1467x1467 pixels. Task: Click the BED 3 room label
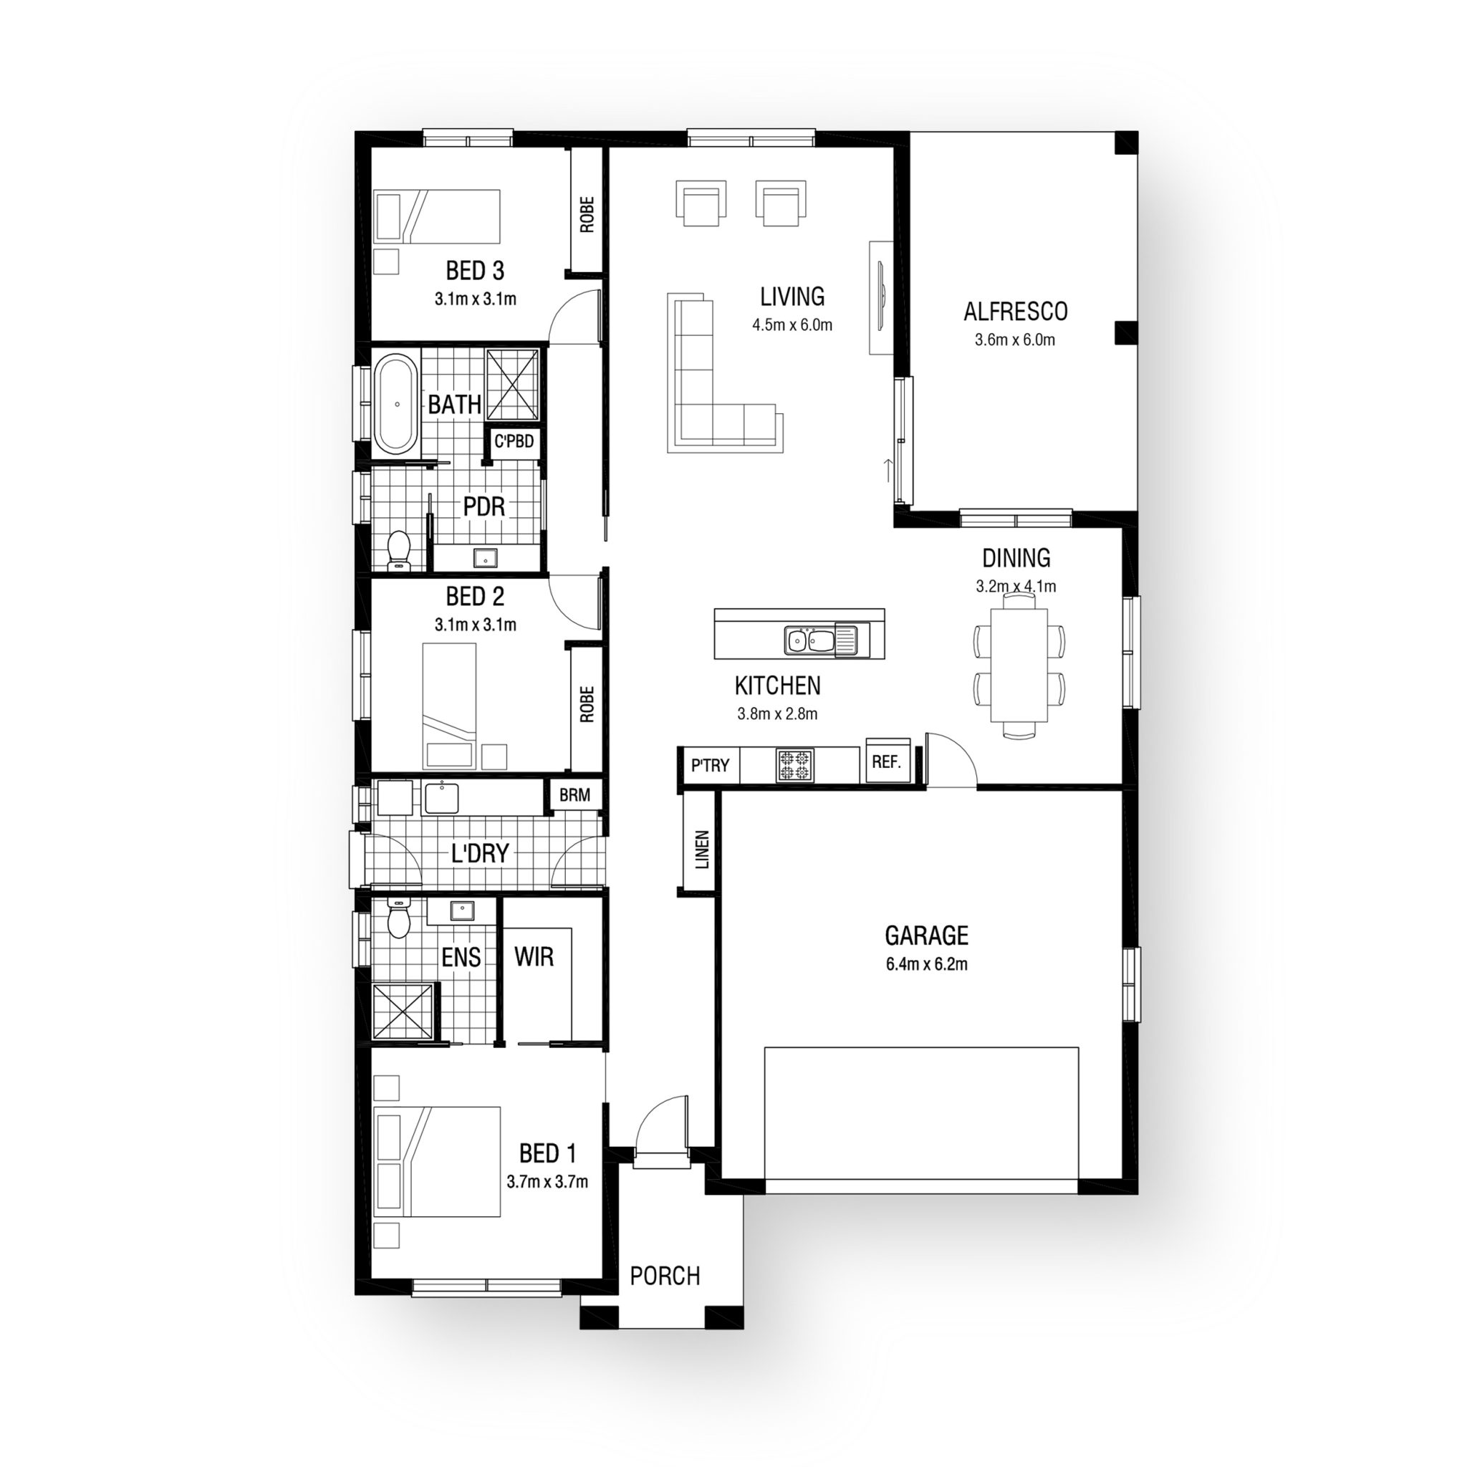475,270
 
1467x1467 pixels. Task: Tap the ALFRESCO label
1015,312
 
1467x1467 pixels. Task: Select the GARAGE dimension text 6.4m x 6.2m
926,965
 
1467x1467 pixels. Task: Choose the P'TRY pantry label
710,766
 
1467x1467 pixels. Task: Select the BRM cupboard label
574,795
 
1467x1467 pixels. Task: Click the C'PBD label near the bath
514,441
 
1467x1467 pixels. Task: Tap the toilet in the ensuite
399,918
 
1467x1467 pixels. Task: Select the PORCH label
665,1276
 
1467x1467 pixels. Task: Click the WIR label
534,957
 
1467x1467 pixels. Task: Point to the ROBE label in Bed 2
587,704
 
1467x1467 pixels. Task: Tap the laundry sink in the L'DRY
441,799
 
